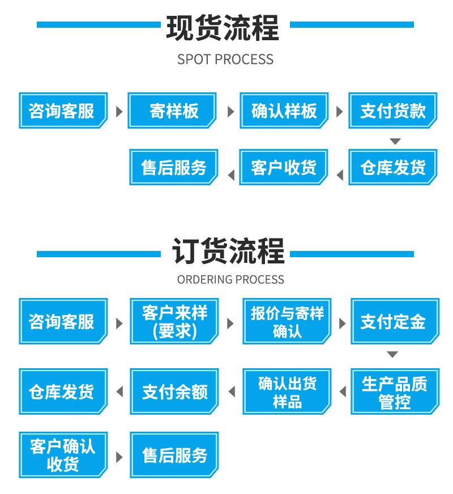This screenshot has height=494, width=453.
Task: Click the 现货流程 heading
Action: (x=223, y=28)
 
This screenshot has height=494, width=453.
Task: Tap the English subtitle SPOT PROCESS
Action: (x=225, y=59)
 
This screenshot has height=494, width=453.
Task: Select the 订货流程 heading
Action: (x=228, y=251)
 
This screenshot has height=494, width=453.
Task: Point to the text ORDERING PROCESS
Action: (x=230, y=279)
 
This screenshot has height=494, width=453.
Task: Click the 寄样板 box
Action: (x=172, y=110)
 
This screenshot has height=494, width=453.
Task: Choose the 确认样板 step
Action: (x=284, y=110)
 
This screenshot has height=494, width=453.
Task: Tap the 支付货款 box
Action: (x=393, y=110)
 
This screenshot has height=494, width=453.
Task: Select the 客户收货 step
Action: (x=284, y=167)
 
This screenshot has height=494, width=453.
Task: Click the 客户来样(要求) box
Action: (x=174, y=321)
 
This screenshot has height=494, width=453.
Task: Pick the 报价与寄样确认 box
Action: (x=287, y=321)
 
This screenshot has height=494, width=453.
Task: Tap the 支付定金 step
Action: (x=395, y=321)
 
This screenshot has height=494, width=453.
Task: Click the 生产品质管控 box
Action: (x=395, y=391)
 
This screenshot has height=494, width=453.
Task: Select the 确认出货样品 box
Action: (x=287, y=391)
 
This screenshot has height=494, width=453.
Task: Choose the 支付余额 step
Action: (x=174, y=391)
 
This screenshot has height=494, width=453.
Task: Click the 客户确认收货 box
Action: (x=63, y=455)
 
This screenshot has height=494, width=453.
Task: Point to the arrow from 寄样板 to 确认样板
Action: (x=231, y=112)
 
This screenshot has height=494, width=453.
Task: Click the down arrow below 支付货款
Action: (x=395, y=141)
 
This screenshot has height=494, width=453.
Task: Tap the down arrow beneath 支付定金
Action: (x=392, y=355)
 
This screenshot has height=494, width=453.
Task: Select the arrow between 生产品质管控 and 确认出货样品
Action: (x=343, y=392)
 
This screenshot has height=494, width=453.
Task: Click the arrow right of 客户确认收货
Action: (x=119, y=457)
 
